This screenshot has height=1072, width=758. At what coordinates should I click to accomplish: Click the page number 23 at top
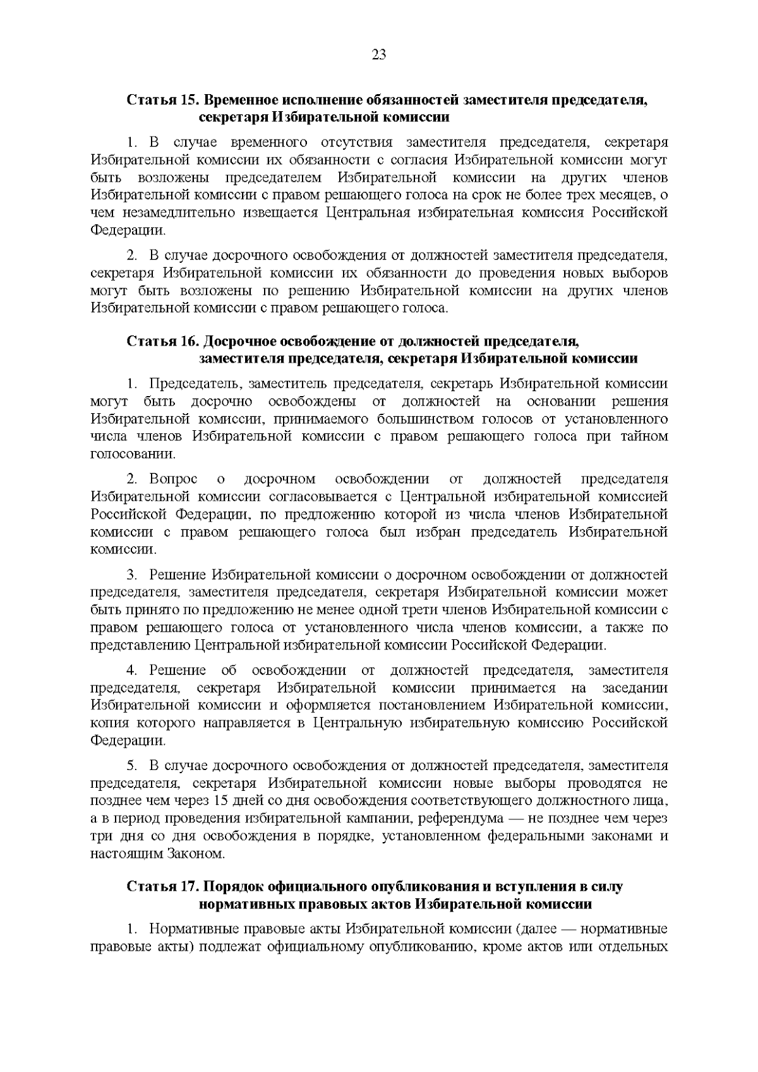tap(378, 54)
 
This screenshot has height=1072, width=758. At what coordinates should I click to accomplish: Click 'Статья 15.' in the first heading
tap(163, 100)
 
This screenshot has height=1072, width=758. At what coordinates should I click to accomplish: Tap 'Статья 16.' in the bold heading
tap(163, 342)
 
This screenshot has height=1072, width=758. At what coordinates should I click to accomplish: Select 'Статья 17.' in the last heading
tap(163, 887)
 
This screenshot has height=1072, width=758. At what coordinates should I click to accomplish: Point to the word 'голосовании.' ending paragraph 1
tap(129, 454)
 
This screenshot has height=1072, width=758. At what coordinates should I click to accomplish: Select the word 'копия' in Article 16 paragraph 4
tap(109, 723)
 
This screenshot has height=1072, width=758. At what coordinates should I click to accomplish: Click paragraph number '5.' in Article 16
tap(131, 766)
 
